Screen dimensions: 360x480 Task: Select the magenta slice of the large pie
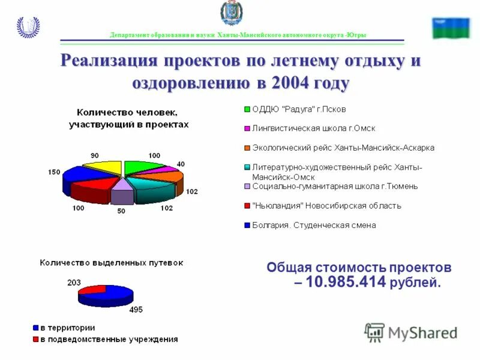[x=167, y=170]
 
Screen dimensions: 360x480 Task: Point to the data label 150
[x=54, y=172]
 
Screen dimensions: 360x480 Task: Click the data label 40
[x=181, y=164]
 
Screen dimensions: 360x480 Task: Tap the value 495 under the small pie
[x=136, y=310]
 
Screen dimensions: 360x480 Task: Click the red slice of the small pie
[x=92, y=290]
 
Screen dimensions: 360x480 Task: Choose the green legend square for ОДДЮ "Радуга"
[x=247, y=109]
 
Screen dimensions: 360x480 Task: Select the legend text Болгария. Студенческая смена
[x=314, y=225]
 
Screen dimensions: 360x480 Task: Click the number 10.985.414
[x=346, y=282]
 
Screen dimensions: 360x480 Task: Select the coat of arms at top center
[x=232, y=14]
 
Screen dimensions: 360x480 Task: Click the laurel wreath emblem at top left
[x=28, y=27]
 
